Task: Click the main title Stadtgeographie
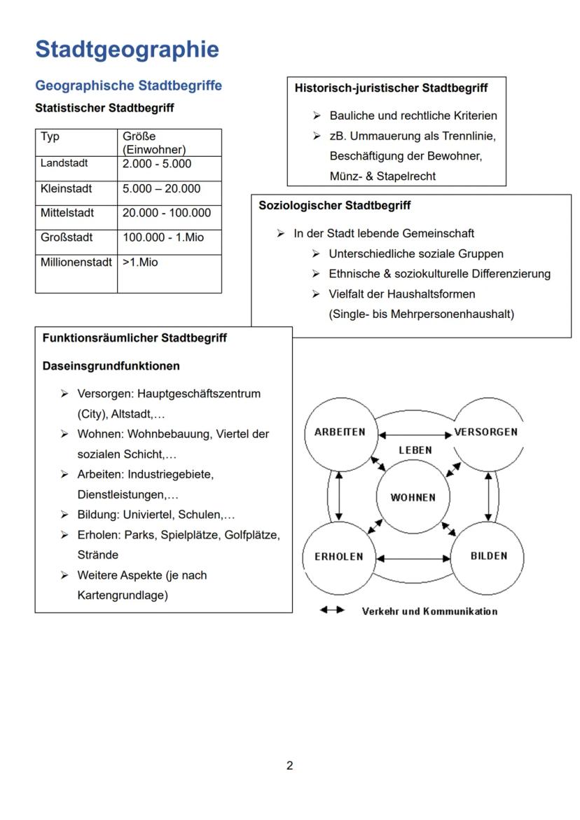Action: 127,50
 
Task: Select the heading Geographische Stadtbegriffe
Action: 128,85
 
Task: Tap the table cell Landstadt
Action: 64,164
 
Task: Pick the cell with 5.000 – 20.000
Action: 161,188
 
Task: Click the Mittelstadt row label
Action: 67,213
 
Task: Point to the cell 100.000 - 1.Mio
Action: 163,237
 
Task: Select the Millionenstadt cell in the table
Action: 76,263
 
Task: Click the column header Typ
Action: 50,137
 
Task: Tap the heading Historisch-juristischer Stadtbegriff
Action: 391,88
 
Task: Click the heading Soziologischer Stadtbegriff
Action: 335,206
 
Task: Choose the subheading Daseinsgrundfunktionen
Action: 111,366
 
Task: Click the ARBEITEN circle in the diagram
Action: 340,433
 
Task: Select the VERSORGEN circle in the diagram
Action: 486,433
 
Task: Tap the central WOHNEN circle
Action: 413,497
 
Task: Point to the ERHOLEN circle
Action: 340,557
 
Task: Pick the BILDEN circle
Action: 488,557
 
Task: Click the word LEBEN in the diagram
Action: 415,450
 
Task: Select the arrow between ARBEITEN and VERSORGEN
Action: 415,435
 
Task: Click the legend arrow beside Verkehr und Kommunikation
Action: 332,611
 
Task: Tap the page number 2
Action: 289,765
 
